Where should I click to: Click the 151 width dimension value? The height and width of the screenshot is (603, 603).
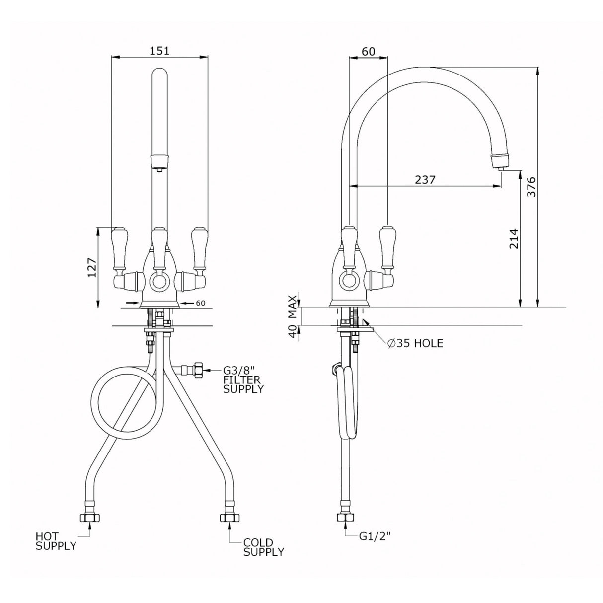(x=159, y=50)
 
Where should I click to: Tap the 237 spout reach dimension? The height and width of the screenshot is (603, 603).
(x=425, y=179)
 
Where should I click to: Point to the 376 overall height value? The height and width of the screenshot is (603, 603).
(x=531, y=187)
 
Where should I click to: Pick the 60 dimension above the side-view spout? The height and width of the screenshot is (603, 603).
(x=368, y=50)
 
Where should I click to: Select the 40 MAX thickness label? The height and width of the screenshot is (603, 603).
(x=293, y=316)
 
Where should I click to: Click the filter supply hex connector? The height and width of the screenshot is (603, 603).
(x=198, y=370)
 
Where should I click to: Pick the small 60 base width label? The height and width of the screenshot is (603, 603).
(x=201, y=303)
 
